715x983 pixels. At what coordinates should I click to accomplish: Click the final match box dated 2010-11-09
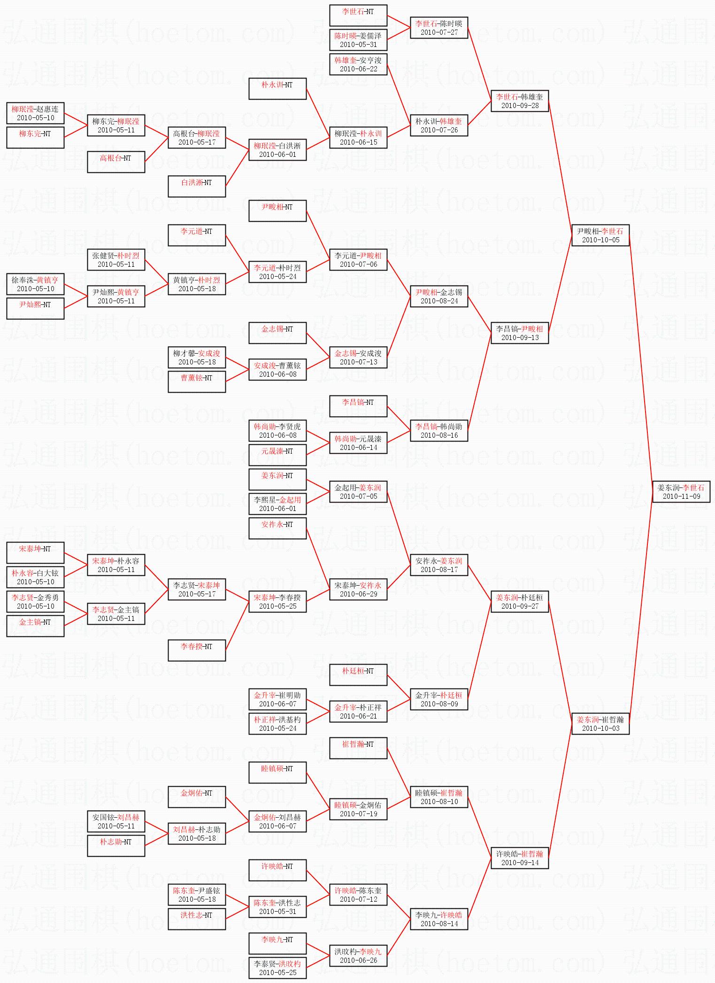(681, 492)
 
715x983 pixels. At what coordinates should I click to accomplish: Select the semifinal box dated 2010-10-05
(600, 235)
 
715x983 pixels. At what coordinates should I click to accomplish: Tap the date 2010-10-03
(600, 728)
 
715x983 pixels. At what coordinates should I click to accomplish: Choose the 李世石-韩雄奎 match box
(520, 101)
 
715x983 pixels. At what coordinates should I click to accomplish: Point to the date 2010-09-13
(520, 338)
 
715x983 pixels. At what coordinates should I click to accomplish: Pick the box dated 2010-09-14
(520, 858)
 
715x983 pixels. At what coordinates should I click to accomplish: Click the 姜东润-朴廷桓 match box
(520, 602)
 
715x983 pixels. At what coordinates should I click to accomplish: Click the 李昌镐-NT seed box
(358, 406)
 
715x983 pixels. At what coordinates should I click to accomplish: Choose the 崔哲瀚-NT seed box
(358, 748)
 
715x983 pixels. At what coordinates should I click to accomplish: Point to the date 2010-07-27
(439, 32)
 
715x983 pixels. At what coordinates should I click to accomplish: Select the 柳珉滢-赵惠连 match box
(35, 113)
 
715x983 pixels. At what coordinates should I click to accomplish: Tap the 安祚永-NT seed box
(277, 528)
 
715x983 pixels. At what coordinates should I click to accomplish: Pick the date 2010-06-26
(358, 960)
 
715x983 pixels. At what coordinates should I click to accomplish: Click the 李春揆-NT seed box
(197, 650)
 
